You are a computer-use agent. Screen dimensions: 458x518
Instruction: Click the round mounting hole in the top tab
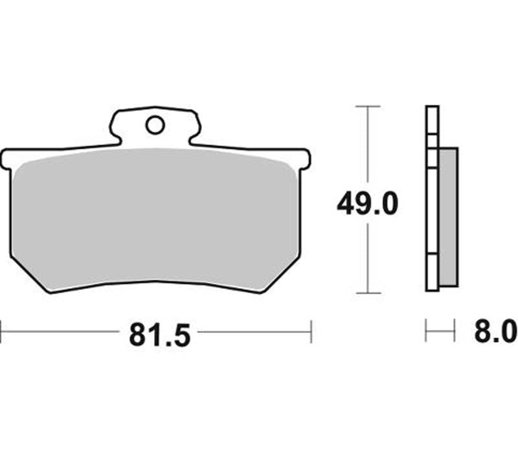coord(155,125)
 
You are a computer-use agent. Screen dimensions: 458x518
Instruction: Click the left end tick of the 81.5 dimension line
coord(1,331)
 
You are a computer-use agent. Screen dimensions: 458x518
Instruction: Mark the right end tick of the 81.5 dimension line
coord(311,331)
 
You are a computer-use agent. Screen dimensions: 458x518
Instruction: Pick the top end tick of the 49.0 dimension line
coord(368,106)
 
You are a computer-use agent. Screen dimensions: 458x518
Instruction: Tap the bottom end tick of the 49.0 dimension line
coord(368,293)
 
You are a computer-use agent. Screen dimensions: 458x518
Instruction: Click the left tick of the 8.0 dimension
coord(426,331)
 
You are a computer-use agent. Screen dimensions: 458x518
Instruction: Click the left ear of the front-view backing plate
coord(8,159)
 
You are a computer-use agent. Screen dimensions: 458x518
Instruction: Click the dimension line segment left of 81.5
coord(62,331)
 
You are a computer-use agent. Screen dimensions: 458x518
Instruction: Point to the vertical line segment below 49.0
coord(368,259)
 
